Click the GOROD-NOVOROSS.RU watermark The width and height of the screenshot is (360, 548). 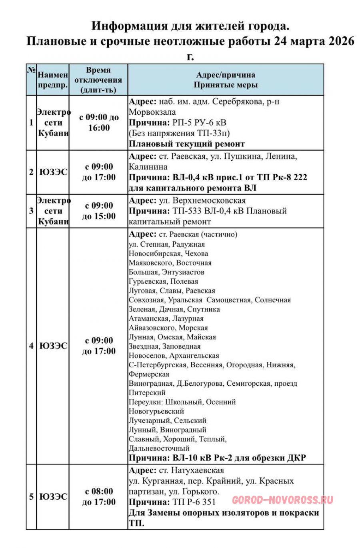282,500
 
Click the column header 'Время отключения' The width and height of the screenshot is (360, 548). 98,80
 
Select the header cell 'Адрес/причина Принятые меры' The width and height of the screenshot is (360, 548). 226,80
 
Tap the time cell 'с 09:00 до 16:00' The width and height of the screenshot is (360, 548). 99,123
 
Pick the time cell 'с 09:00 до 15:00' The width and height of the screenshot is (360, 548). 99,211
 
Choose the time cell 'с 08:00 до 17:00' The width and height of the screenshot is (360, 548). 99,497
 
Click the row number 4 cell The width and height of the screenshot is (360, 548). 31,346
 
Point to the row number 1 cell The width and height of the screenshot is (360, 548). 31,123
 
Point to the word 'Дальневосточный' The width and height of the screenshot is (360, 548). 159,448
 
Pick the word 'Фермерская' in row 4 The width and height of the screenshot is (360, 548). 149,375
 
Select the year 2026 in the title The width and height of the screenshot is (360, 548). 340,41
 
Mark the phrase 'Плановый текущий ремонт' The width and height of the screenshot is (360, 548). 187,144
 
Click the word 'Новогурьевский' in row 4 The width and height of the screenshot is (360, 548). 156,411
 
